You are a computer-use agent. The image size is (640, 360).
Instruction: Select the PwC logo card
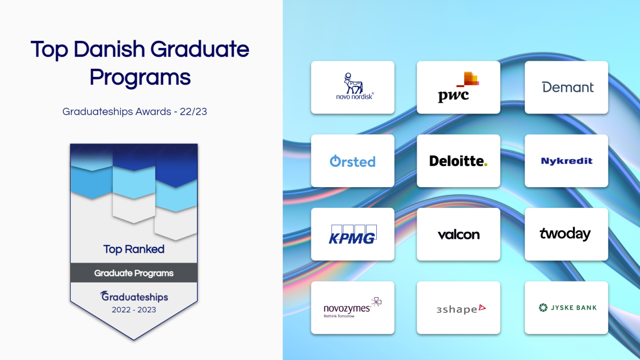pyautogui.click(x=458, y=87)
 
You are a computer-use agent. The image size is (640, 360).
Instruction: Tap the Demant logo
pyautogui.click(x=567, y=87)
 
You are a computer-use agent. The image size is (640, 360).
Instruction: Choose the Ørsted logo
pyautogui.click(x=352, y=161)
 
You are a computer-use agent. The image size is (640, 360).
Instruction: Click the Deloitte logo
pyautogui.click(x=457, y=161)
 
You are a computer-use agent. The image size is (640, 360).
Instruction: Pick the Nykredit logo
pyautogui.click(x=567, y=161)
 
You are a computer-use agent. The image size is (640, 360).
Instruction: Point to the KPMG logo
pyautogui.click(x=352, y=235)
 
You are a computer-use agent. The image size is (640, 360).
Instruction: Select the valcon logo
pyautogui.click(x=458, y=235)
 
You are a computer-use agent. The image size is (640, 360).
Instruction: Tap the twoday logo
pyautogui.click(x=565, y=234)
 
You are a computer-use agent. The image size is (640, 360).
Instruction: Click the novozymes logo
pyautogui.click(x=352, y=308)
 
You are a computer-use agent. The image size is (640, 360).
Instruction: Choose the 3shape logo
pyautogui.click(x=460, y=309)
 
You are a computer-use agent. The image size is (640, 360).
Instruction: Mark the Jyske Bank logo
pyautogui.click(x=567, y=308)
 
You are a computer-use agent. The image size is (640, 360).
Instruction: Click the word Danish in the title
pyautogui.click(x=109, y=50)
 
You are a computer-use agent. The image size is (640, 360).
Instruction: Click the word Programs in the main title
pyautogui.click(x=140, y=77)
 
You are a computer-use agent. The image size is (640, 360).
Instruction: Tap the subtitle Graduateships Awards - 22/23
pyautogui.click(x=135, y=112)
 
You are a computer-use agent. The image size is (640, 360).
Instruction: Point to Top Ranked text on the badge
pyautogui.click(x=134, y=249)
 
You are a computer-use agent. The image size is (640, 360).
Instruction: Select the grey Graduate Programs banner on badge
pyautogui.click(x=134, y=273)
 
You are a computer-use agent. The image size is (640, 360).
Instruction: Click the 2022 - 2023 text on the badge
pyautogui.click(x=134, y=310)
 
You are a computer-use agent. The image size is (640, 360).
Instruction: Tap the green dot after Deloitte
pyautogui.click(x=486, y=165)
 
